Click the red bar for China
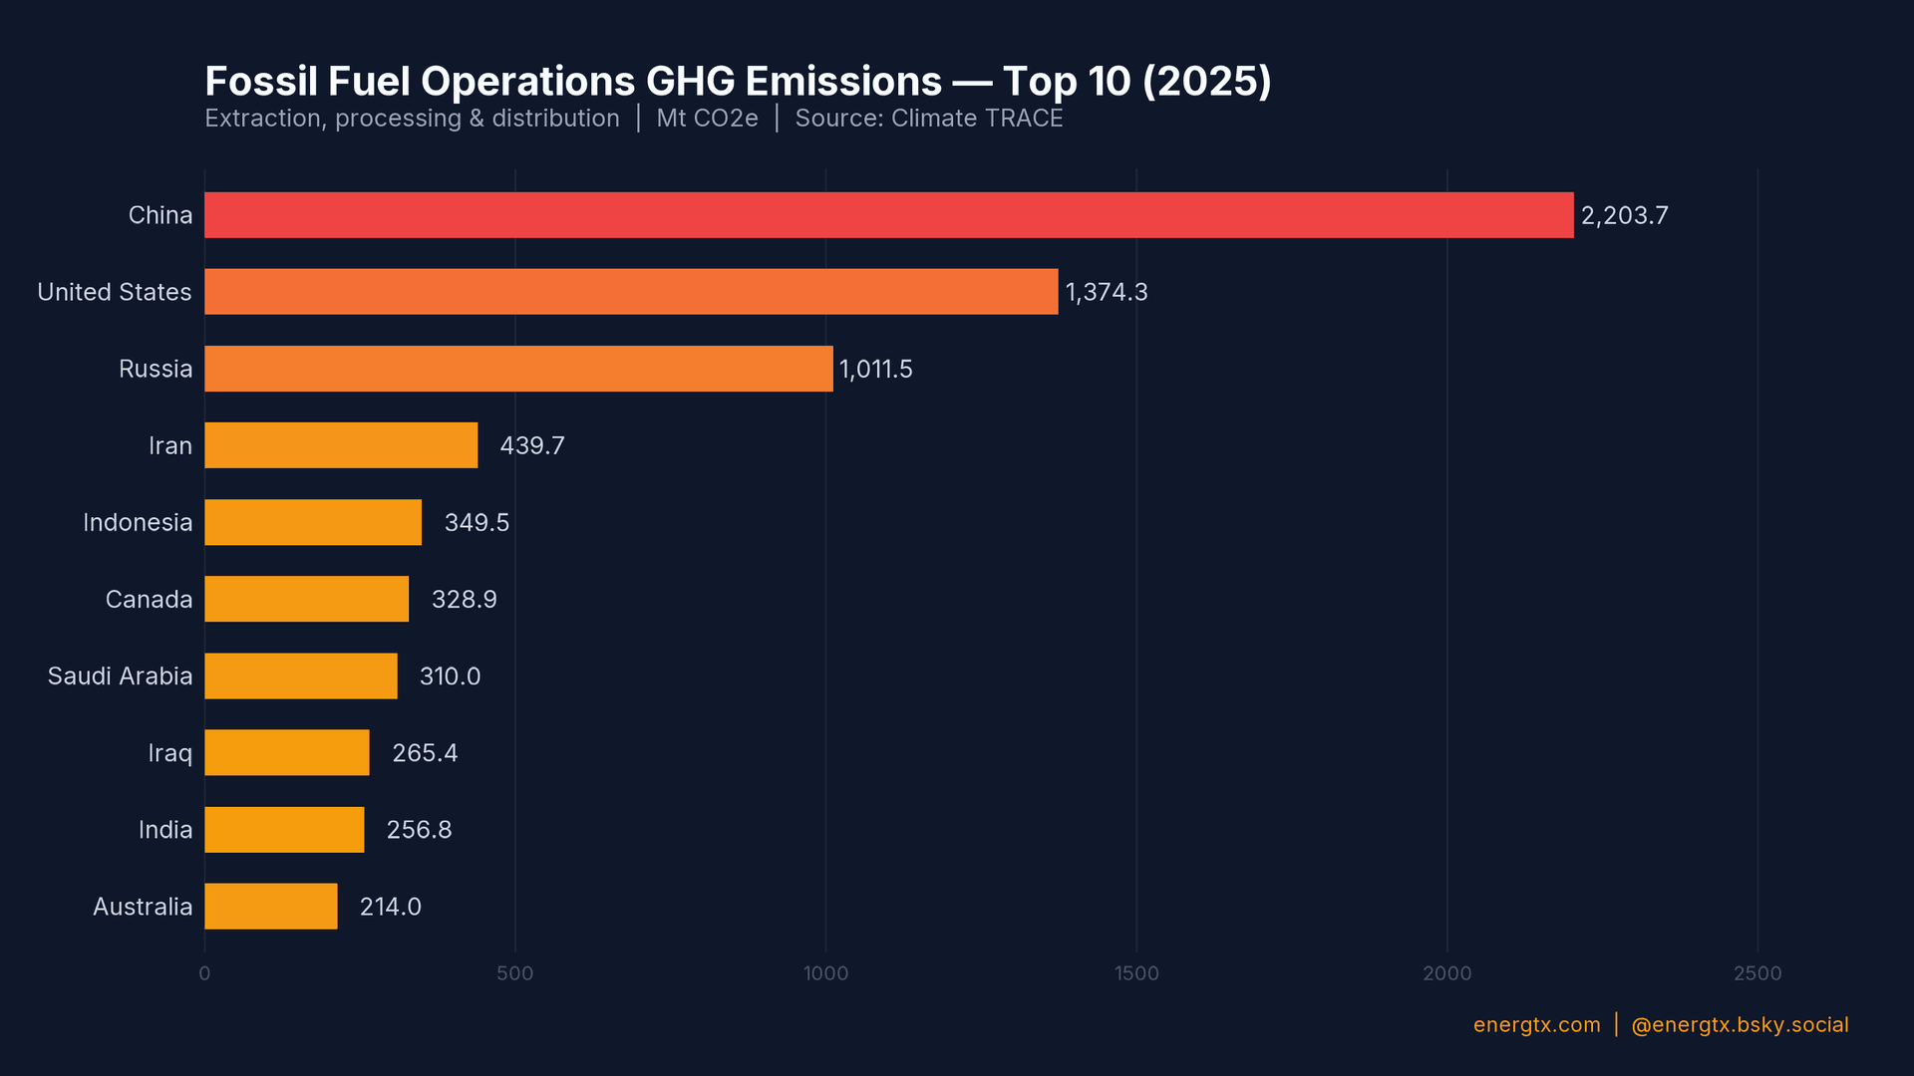pos(887,215)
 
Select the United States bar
pos(630,292)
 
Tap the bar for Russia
pos(518,369)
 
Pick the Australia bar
pos(270,907)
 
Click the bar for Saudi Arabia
pos(300,676)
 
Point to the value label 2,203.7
pos(1624,216)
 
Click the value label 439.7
pos(531,445)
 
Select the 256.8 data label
pos(419,830)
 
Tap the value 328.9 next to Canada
pos(464,600)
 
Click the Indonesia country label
pos(138,523)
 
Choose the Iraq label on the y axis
pos(169,753)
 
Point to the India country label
pos(164,830)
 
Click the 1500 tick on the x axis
pos(1136,973)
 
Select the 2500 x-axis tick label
pos(1756,973)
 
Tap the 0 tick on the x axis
pos(204,973)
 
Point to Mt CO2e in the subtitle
pos(707,119)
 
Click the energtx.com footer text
pos(1536,1025)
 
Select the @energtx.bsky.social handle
pos(1740,1025)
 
